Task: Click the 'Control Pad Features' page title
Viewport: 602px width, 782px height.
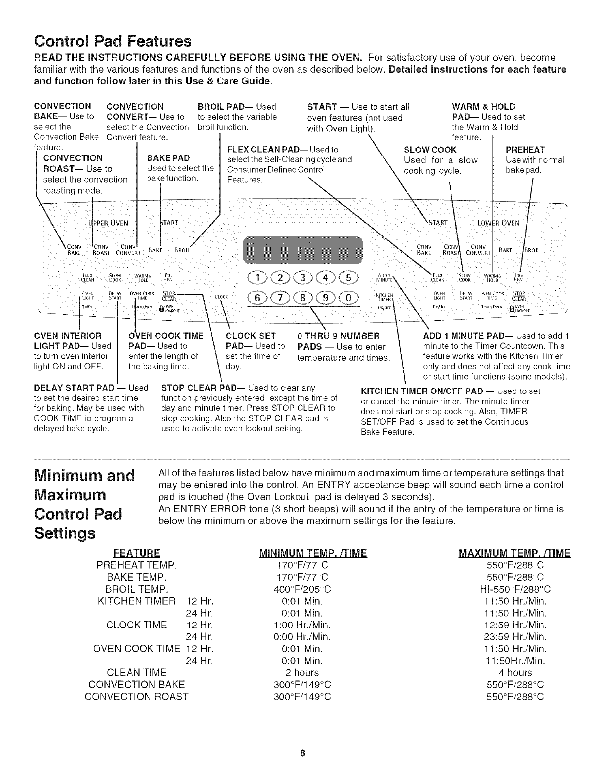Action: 112,39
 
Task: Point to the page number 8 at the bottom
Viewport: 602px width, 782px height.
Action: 301,753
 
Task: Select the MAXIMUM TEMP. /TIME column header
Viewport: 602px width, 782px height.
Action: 516,553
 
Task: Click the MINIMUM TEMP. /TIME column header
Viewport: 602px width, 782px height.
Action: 313,553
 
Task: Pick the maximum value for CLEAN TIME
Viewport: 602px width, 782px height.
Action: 516,673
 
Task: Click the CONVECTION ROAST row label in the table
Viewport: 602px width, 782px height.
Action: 137,697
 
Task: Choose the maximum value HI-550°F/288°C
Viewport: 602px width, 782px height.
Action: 516,589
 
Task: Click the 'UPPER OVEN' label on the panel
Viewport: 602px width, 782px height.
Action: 108,222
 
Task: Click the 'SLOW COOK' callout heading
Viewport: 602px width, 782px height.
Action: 430,150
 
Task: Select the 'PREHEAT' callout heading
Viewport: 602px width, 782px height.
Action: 525,150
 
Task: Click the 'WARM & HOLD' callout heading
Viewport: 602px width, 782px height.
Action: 483,106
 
